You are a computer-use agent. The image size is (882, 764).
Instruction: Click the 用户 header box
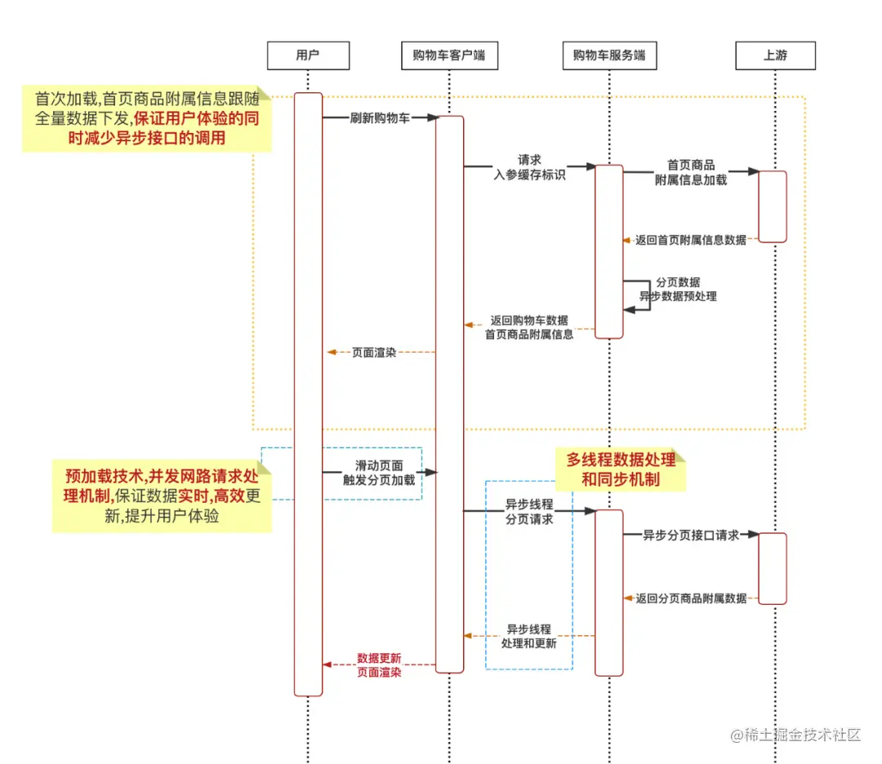coord(308,56)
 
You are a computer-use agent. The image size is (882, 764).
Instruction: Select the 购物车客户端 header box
coord(449,56)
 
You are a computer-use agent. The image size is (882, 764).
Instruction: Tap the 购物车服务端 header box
coord(609,56)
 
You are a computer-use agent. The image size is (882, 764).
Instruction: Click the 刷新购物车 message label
coord(380,118)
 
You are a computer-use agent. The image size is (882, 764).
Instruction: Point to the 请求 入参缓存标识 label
coord(529,167)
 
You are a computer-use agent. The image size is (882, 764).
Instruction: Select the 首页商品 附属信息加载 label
coord(691,172)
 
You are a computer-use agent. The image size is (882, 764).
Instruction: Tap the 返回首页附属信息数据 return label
coord(691,240)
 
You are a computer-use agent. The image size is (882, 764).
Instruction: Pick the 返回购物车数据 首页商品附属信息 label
coord(529,326)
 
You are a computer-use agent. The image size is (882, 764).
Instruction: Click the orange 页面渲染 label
coord(374,353)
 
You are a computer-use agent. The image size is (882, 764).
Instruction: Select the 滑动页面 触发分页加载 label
coord(379,473)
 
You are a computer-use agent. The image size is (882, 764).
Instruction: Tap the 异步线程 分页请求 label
coord(529,512)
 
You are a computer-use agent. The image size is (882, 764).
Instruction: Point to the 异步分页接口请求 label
coord(691,535)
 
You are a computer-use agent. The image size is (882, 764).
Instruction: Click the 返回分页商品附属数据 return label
coord(691,598)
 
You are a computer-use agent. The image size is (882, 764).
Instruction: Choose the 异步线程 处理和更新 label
coord(529,636)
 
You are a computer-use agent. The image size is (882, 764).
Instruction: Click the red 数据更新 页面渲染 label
coord(379,664)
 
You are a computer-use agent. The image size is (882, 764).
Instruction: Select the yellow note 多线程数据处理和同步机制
coord(621,469)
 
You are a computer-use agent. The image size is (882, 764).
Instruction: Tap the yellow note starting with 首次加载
coord(146,118)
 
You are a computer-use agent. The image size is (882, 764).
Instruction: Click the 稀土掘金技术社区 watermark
coord(796,735)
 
